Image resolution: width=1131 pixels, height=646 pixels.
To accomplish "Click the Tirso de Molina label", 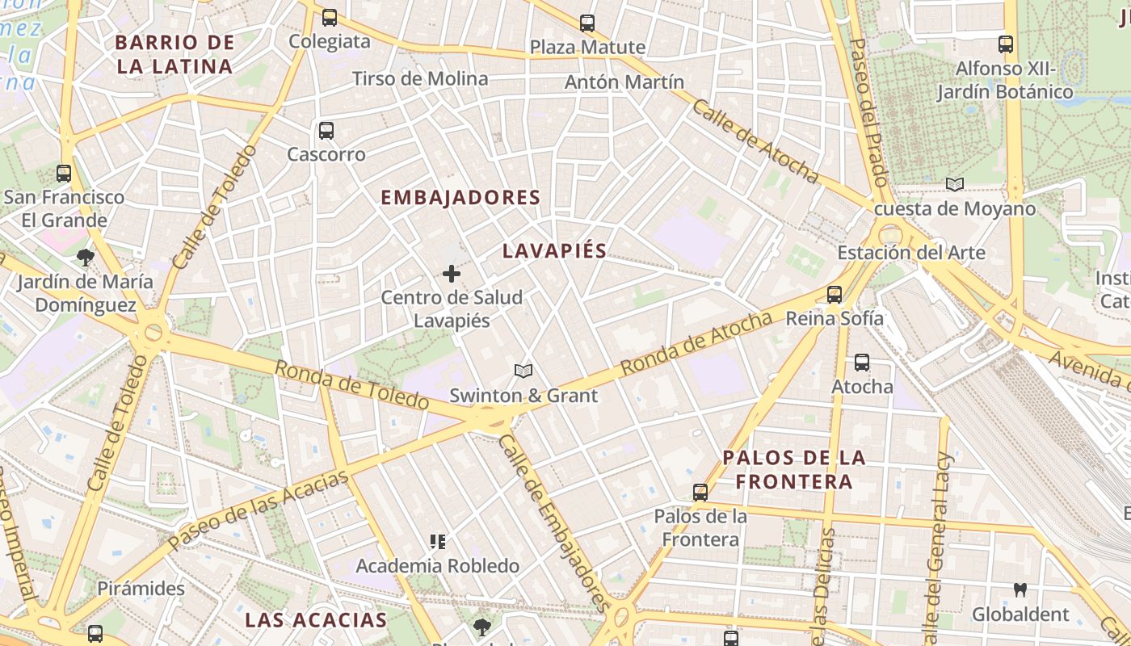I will pyautogui.click(x=420, y=78).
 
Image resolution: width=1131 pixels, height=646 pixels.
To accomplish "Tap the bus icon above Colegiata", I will pyautogui.click(x=329, y=17).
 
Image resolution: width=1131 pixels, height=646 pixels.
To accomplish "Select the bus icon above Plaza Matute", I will pyautogui.click(x=587, y=23).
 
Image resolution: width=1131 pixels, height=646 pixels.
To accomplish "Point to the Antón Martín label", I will pyautogui.click(x=624, y=82).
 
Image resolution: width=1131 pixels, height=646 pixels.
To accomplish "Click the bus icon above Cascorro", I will pyautogui.click(x=326, y=130).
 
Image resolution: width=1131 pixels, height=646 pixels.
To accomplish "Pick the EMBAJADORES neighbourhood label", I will pyautogui.click(x=460, y=198).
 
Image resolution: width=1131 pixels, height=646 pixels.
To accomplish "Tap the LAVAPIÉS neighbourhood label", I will pyautogui.click(x=554, y=250).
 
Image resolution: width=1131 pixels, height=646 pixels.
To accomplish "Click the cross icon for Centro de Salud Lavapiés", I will pyautogui.click(x=452, y=275).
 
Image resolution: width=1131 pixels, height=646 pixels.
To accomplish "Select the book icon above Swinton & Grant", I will pyautogui.click(x=523, y=371).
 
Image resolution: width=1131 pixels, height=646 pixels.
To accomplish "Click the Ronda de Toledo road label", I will pyautogui.click(x=351, y=384).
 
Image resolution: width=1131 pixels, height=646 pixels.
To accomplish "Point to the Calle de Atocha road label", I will pyautogui.click(x=755, y=141).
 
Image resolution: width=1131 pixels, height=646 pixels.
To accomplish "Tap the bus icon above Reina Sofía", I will pyautogui.click(x=835, y=295).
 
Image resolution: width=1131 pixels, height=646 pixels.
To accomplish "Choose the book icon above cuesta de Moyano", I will pyautogui.click(x=955, y=185).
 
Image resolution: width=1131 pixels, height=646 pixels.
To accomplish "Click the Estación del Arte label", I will pyautogui.click(x=910, y=253).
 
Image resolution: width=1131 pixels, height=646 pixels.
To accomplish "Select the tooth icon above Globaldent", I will pyautogui.click(x=1020, y=590).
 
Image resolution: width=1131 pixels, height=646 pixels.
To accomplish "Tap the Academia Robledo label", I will pyautogui.click(x=437, y=566).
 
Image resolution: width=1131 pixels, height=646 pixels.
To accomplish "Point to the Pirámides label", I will pyautogui.click(x=141, y=588).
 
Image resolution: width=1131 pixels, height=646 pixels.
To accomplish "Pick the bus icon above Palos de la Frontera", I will pyautogui.click(x=700, y=492).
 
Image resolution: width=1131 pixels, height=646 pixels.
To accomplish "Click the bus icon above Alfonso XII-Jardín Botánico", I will pyautogui.click(x=1006, y=44).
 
